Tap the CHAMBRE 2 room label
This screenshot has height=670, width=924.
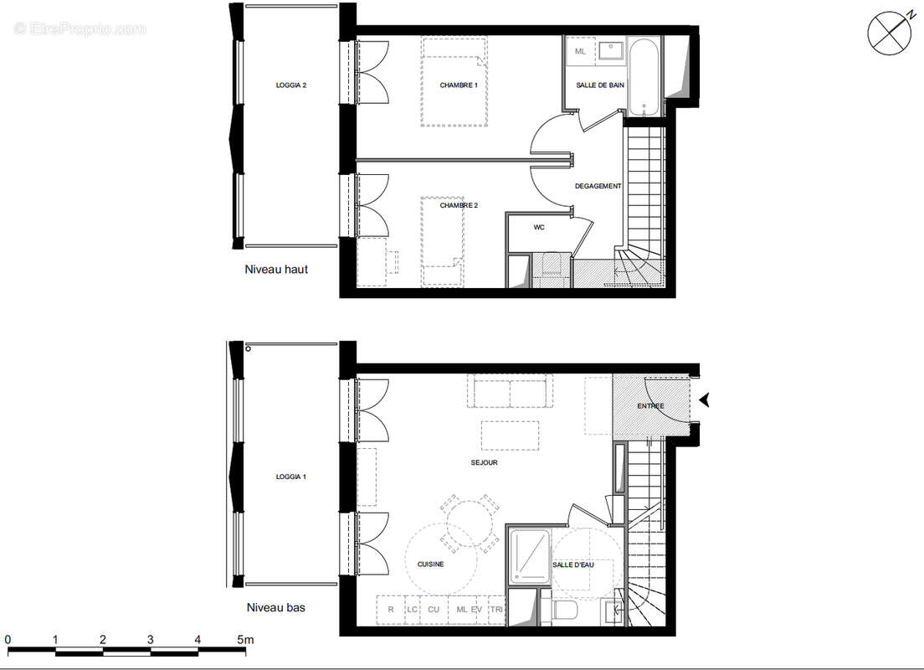(459, 205)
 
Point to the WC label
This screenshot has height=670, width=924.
(539, 227)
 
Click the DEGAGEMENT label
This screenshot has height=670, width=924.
(598, 186)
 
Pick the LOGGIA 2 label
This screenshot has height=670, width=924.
(291, 85)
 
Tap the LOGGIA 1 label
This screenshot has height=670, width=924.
(291, 477)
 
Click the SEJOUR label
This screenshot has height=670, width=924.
(485, 462)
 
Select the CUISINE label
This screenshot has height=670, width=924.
(430, 564)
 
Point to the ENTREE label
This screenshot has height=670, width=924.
(650, 406)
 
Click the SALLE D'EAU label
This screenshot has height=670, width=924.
(573, 565)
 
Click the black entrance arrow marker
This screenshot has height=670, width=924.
(705, 400)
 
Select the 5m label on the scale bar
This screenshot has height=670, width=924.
(244, 640)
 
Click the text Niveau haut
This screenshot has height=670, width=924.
(276, 270)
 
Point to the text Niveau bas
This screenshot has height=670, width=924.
(275, 608)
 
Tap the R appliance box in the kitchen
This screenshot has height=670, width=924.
(391, 611)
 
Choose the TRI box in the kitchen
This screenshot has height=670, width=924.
(497, 611)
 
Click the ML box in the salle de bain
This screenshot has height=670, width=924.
(580, 52)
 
